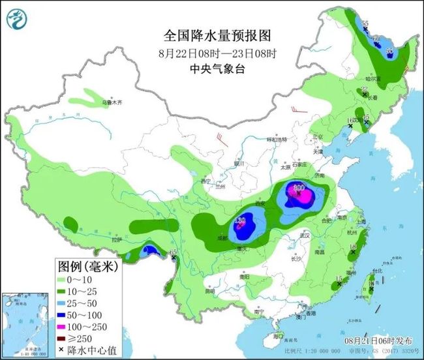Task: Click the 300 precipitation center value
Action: point(299,188)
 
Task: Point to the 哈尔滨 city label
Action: point(372,78)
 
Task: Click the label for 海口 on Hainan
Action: point(279,337)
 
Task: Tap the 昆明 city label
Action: point(209,291)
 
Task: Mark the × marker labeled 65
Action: point(174,259)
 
